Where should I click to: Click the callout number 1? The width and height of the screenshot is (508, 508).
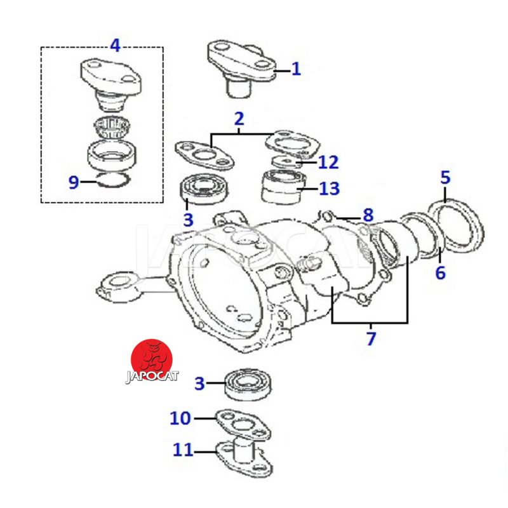tap(296, 69)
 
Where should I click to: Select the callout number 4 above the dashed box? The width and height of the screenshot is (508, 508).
tap(116, 45)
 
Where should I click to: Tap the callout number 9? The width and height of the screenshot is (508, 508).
tap(74, 182)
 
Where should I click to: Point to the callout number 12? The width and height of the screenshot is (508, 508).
tap(328, 162)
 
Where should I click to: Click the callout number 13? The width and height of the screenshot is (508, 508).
tap(329, 189)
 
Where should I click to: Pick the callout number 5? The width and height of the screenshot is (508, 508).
tap(446, 178)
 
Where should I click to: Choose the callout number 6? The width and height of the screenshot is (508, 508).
tap(440, 272)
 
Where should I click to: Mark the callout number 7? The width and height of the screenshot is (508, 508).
tap(371, 338)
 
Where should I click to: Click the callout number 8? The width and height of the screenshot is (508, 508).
tap(368, 215)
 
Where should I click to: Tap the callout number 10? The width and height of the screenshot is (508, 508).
tap(180, 418)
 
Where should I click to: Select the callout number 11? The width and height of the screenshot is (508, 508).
tap(183, 450)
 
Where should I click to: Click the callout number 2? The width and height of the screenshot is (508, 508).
tap(239, 119)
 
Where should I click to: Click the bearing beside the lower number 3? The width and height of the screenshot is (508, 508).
tap(248, 385)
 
